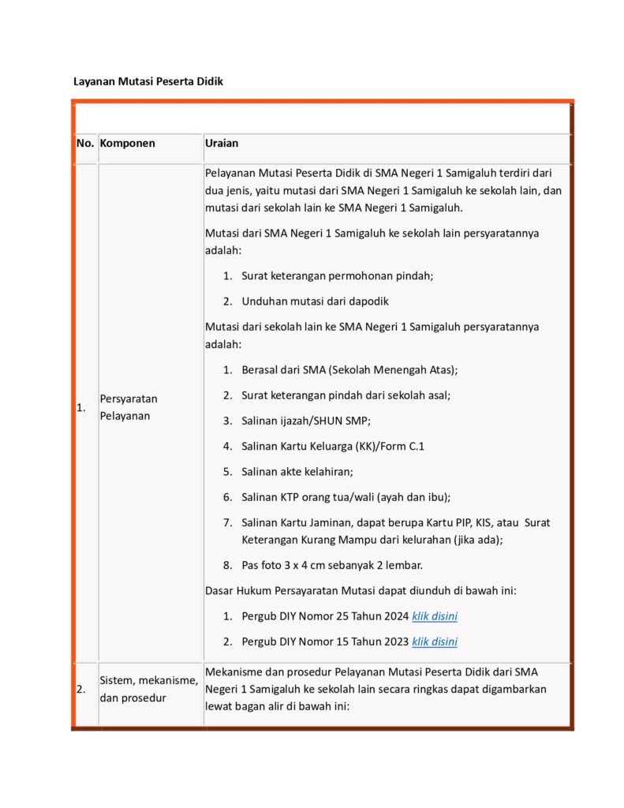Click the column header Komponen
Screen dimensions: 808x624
127,144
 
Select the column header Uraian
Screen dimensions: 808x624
222,144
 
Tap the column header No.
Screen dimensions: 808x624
84,144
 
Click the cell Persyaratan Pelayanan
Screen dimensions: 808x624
128,407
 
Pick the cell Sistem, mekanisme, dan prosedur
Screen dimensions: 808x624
148,688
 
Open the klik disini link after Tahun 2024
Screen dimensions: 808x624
434,616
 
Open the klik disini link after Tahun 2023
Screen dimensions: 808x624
434,642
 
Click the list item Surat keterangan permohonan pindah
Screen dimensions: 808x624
338,275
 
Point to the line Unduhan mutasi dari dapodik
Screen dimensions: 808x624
315,301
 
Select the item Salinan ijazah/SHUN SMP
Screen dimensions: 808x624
306,421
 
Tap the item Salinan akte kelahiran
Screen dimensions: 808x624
297,471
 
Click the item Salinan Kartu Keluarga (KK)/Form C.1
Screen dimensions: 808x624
334,446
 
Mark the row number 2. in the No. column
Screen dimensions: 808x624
81,689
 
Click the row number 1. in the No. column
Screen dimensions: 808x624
80,408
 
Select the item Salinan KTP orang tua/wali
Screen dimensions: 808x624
346,496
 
